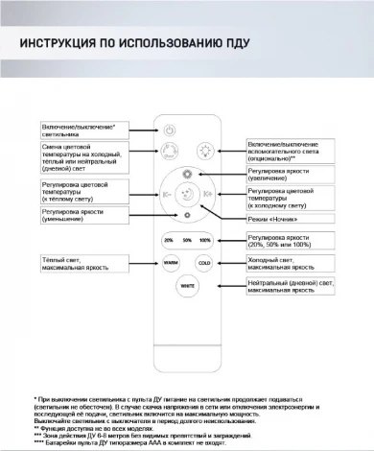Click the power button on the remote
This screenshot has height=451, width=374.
170,131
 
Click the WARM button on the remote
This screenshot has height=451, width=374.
169,262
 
